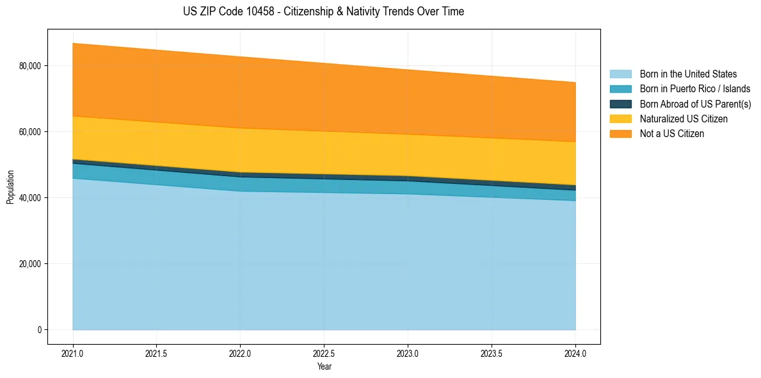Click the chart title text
[x=323, y=12]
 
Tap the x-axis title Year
[x=324, y=366]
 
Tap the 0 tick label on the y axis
[x=38, y=330]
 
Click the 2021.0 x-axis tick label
[x=73, y=353]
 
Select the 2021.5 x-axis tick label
[x=157, y=353]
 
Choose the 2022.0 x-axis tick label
[x=240, y=353]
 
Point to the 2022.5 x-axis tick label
[x=324, y=353]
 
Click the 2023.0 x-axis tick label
[x=408, y=353]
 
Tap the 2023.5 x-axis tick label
[x=492, y=353]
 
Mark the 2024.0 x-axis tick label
[x=575, y=353]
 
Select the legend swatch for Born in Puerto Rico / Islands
[x=620, y=89]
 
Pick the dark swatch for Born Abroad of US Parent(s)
[x=620, y=104]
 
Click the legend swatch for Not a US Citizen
[x=620, y=134]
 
